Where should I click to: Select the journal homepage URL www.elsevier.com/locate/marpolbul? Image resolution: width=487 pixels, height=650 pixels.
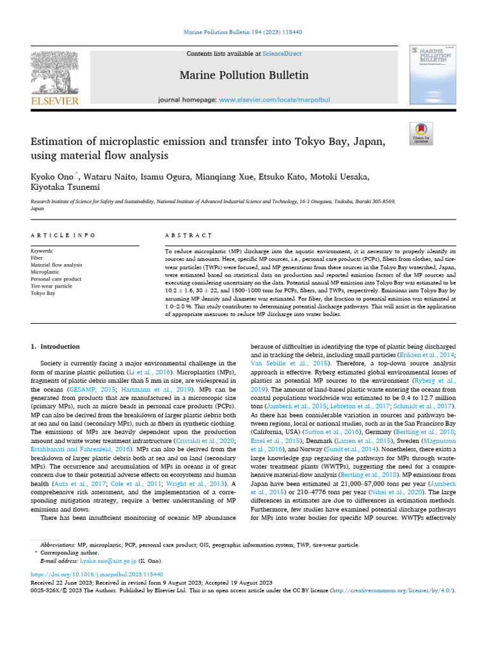(x=266, y=100)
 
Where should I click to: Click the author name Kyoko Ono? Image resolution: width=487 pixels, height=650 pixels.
(x=53, y=176)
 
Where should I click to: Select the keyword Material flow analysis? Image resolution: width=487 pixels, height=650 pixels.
(x=56, y=265)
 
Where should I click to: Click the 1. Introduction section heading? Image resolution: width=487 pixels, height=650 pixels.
(x=56, y=347)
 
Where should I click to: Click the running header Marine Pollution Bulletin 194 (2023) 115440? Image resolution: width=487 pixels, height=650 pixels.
(x=243, y=31)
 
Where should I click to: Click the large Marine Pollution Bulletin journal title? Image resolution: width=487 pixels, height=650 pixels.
(x=244, y=76)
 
